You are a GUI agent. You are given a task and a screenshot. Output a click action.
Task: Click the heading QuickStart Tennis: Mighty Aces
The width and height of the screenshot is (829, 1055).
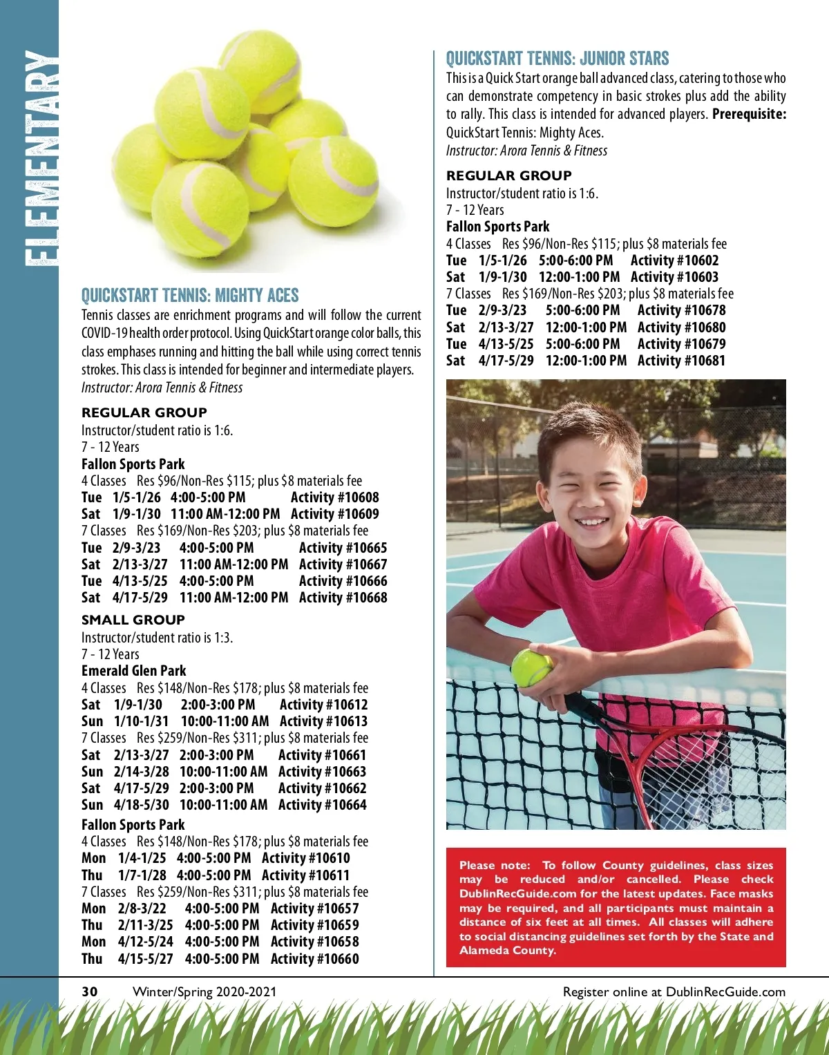coord(190,296)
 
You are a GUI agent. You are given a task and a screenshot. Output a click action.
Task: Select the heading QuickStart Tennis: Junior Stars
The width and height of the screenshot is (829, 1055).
coord(557,59)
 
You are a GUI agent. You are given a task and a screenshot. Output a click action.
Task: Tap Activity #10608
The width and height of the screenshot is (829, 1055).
coord(334,497)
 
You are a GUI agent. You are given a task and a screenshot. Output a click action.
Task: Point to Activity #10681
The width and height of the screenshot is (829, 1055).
coord(681,361)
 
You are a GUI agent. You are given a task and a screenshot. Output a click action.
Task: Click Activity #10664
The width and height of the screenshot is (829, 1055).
coord(322,805)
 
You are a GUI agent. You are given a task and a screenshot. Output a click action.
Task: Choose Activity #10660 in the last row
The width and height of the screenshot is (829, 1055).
coord(314,959)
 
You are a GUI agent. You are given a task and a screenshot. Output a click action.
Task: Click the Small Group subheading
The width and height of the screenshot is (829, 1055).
coord(133,620)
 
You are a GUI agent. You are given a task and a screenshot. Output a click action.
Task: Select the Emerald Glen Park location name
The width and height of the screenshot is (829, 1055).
coord(134,671)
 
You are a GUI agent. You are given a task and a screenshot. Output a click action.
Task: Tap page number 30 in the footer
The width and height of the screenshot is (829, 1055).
coord(90,992)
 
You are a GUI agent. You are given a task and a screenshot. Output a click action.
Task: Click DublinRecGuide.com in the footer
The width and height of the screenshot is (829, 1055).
coord(725,992)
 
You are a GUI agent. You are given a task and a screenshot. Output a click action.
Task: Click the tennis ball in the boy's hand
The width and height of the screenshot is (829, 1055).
coord(531,667)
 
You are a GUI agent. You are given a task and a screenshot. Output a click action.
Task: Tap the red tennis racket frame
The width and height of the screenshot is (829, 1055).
coord(680,746)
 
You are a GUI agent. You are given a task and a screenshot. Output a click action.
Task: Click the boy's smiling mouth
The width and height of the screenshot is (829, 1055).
coord(593,522)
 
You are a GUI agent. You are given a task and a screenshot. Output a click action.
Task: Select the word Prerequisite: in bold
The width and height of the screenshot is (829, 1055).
coord(749,115)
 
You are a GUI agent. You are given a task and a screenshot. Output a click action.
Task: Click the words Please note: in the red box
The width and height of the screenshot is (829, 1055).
coord(495,865)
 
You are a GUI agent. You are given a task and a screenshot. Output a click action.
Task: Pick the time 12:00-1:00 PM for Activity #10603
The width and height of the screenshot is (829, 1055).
coord(579,277)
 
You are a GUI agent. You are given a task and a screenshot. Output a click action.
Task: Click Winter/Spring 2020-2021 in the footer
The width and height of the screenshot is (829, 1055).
coord(204,992)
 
